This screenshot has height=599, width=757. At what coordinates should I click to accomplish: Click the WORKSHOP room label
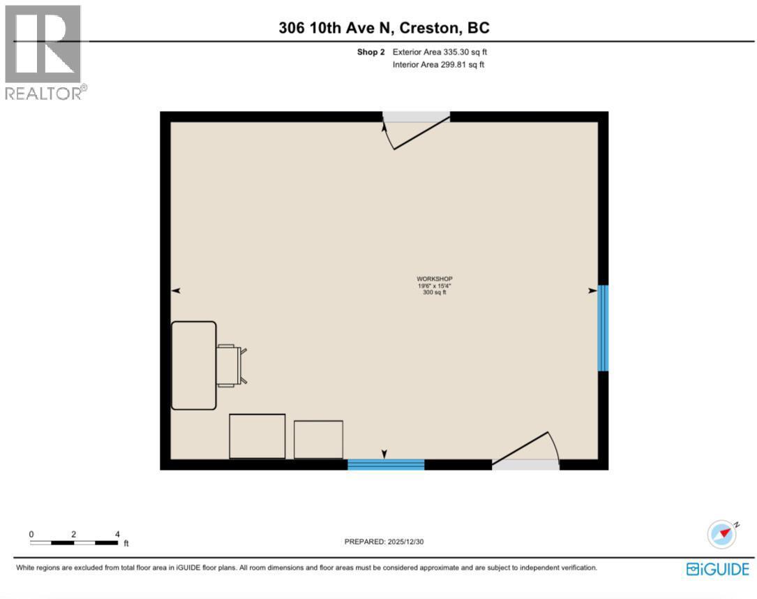(435, 279)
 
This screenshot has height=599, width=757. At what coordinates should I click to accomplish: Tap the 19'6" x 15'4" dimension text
(435, 286)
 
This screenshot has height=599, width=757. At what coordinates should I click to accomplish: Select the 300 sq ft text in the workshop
(435, 293)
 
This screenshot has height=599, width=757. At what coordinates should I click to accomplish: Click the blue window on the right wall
(603, 328)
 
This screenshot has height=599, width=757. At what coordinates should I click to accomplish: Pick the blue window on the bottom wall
(386, 464)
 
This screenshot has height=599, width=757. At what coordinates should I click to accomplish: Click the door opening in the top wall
(417, 117)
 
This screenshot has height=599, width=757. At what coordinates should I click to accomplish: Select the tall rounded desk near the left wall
(194, 365)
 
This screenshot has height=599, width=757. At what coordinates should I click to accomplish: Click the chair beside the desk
(231, 365)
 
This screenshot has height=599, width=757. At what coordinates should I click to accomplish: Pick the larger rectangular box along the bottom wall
(257, 436)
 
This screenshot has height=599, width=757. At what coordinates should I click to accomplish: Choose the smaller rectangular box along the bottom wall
(318, 439)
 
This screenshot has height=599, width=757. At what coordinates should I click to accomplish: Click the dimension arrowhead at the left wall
(176, 290)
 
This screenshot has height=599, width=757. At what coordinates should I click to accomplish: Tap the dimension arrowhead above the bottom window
(384, 454)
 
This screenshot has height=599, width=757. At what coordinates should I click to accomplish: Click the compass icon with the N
(722, 534)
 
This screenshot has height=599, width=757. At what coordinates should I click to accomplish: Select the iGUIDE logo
(717, 569)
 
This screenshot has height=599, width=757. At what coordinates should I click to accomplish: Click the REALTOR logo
(44, 53)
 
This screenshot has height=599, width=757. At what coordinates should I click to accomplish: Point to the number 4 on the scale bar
(117, 534)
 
